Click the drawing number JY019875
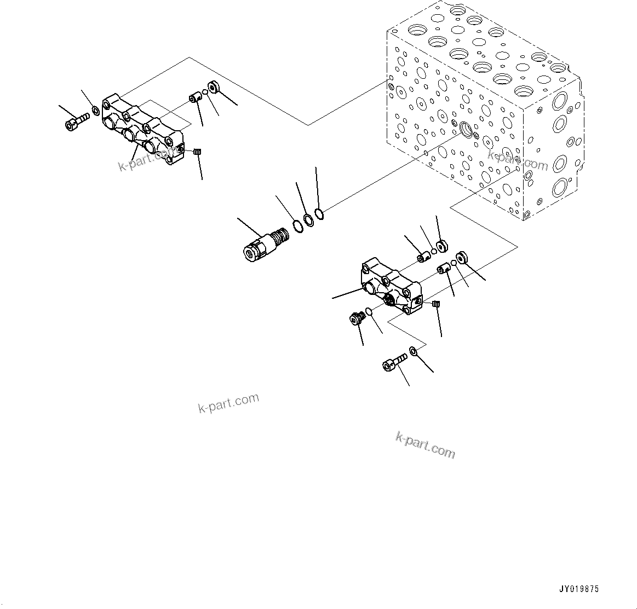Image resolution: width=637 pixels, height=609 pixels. tap(579, 589)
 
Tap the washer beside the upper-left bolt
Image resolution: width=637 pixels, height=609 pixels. tap(96, 112)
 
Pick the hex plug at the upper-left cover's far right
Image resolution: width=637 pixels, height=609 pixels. tap(213, 88)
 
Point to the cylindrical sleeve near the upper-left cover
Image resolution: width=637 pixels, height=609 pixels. tap(194, 98)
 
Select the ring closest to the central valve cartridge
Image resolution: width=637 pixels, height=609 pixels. tap(297, 225)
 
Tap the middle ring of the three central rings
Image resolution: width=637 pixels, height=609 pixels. tap(309, 219)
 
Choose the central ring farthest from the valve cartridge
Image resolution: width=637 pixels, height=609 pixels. tap(320, 213)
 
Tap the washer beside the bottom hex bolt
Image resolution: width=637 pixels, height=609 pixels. tap(414, 351)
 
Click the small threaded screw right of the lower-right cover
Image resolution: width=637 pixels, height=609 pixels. tap(437, 304)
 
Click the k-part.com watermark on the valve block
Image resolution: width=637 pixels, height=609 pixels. tap(517, 161)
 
